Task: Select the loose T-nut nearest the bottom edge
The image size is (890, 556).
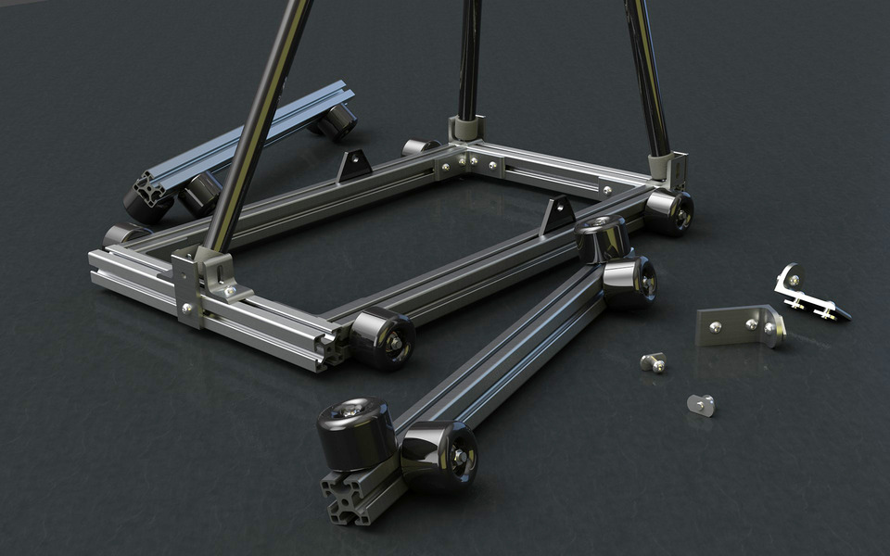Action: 702,404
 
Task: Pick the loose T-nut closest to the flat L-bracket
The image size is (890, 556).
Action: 654,361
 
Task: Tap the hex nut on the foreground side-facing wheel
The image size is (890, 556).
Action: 461,455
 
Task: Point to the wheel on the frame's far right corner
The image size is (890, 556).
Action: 669,211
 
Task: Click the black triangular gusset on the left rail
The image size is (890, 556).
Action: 353,166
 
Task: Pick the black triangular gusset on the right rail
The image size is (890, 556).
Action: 557,215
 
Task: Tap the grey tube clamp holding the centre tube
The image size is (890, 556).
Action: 466,129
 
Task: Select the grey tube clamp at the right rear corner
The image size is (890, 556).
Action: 670,168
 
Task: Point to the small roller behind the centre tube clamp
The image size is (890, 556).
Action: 419,146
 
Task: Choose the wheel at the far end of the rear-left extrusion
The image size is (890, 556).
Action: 337,121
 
